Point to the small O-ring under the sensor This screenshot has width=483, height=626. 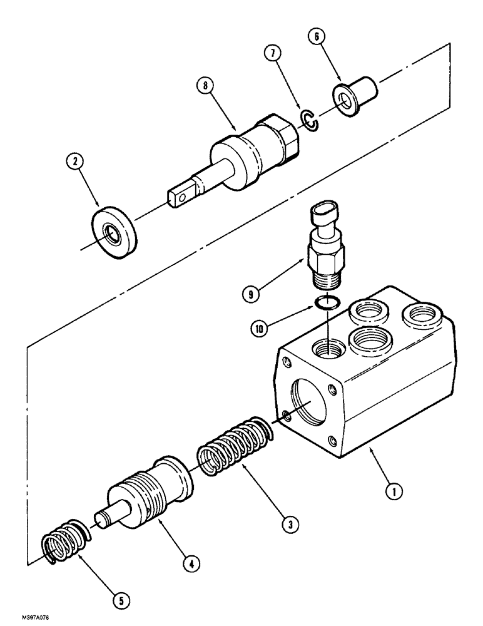pos(327,303)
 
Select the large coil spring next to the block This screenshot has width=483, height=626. pos(235,448)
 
